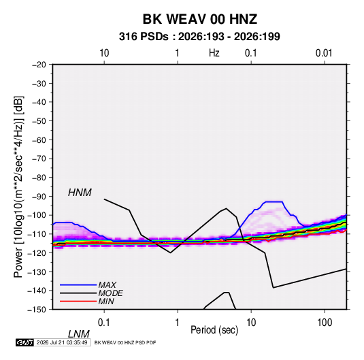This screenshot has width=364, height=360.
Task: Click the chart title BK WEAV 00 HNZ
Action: [199, 19]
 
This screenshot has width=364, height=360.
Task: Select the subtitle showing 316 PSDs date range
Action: [199, 37]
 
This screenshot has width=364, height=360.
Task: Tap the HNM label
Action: [80, 193]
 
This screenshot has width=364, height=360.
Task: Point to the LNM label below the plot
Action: [79, 334]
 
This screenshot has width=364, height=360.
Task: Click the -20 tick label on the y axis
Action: [39, 65]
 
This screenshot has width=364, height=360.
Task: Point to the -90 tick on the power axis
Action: [39, 197]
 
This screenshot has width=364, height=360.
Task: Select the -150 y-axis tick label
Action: [37, 310]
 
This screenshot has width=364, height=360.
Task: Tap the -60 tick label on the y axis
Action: [39, 140]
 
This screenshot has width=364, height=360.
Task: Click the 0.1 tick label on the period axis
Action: [104, 323]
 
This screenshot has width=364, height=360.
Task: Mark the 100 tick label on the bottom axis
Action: [325, 323]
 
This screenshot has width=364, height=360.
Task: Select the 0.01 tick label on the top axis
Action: [324, 53]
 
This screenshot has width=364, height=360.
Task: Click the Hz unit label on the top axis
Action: [214, 53]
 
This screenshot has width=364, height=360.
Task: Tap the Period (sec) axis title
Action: [214, 330]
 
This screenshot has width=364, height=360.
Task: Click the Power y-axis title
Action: [18, 187]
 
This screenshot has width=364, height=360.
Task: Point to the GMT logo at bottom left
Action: [25, 342]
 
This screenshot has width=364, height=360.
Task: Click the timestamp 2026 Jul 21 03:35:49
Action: [62, 342]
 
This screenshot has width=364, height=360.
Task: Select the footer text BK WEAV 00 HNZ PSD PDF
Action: [125, 342]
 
